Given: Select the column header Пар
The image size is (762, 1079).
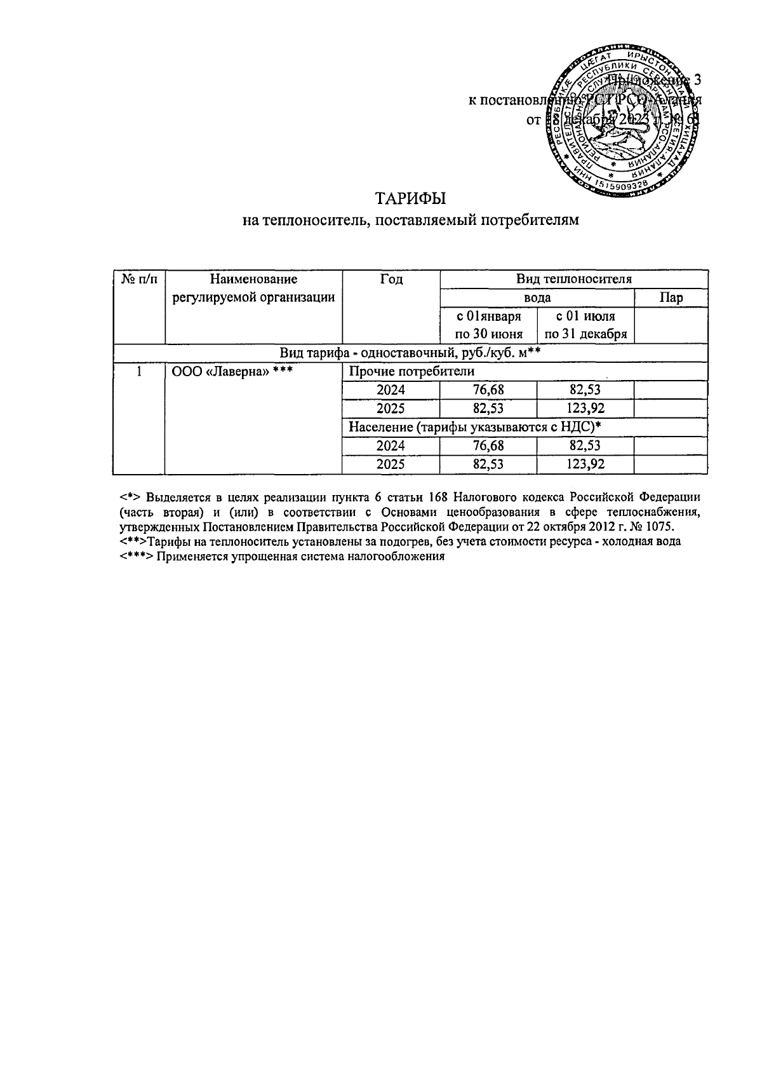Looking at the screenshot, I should click(671, 298).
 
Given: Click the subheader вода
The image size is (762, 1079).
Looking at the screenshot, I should click(537, 298).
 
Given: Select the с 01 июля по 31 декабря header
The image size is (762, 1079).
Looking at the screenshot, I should click(585, 325).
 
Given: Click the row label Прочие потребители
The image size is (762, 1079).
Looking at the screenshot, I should click(411, 372).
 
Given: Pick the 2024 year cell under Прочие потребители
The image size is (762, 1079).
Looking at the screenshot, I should click(391, 390).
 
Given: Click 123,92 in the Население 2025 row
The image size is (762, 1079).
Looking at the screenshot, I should click(585, 465).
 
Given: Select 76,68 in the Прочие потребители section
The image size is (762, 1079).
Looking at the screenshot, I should click(488, 390).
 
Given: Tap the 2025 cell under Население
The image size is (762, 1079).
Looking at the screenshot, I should click(391, 465).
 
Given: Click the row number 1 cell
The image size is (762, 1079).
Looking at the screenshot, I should click(138, 372).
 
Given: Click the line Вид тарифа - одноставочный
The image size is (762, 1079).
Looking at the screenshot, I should click(410, 353).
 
